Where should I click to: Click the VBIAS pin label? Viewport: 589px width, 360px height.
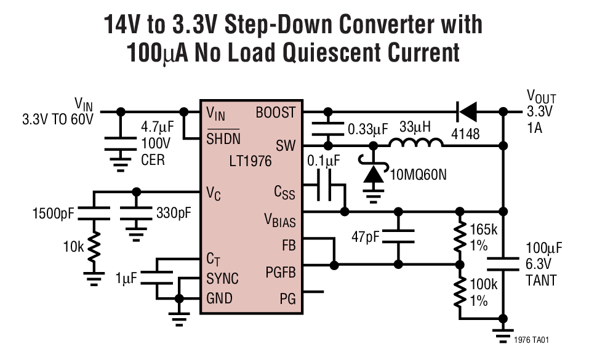pyautogui.click(x=279, y=220)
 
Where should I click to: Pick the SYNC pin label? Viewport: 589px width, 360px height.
pyautogui.click(x=223, y=278)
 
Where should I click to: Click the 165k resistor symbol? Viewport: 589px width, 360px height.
pyautogui.click(x=460, y=238)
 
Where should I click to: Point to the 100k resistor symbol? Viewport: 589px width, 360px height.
pyautogui.click(x=460, y=292)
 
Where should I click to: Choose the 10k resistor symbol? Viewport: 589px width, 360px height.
pyautogui.click(x=94, y=249)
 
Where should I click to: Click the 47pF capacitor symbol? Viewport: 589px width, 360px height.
pyautogui.click(x=398, y=236)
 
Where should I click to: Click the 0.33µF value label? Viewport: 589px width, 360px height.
pyautogui.click(x=367, y=129)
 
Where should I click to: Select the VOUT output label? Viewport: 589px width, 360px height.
pyautogui.click(x=541, y=97)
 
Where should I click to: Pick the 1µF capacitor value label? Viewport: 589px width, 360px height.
pyautogui.click(x=127, y=278)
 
